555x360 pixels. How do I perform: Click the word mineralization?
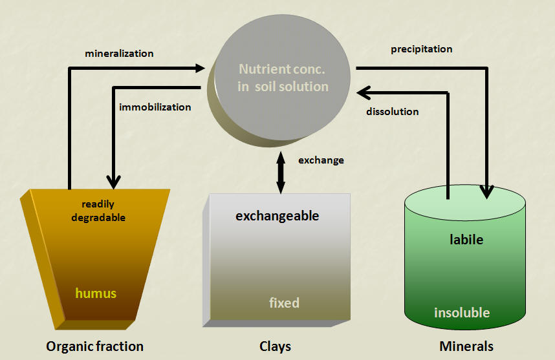point(119,54)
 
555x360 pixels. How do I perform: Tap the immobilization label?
point(155,107)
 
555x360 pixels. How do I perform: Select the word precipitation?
point(422,49)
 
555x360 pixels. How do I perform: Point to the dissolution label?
point(393,112)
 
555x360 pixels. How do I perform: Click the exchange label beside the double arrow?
point(321,160)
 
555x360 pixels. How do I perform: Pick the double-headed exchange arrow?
point(281,173)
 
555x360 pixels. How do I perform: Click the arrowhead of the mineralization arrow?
point(201,68)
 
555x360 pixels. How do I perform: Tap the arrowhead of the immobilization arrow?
point(114,182)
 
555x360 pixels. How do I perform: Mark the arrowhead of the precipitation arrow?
point(487,192)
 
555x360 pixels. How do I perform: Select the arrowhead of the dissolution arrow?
point(364,93)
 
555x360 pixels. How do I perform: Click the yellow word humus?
point(96,293)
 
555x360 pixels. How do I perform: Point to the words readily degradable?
point(98,211)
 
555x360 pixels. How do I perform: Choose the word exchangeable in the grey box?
point(277,216)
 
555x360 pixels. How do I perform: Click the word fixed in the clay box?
point(284,302)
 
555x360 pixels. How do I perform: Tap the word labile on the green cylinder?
point(466,240)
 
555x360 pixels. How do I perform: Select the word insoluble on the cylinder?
point(462,313)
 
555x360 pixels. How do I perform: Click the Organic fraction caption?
point(95,346)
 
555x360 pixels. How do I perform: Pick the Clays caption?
point(275,346)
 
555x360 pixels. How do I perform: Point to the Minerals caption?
point(466,346)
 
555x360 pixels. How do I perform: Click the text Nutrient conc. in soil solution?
point(283,78)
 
